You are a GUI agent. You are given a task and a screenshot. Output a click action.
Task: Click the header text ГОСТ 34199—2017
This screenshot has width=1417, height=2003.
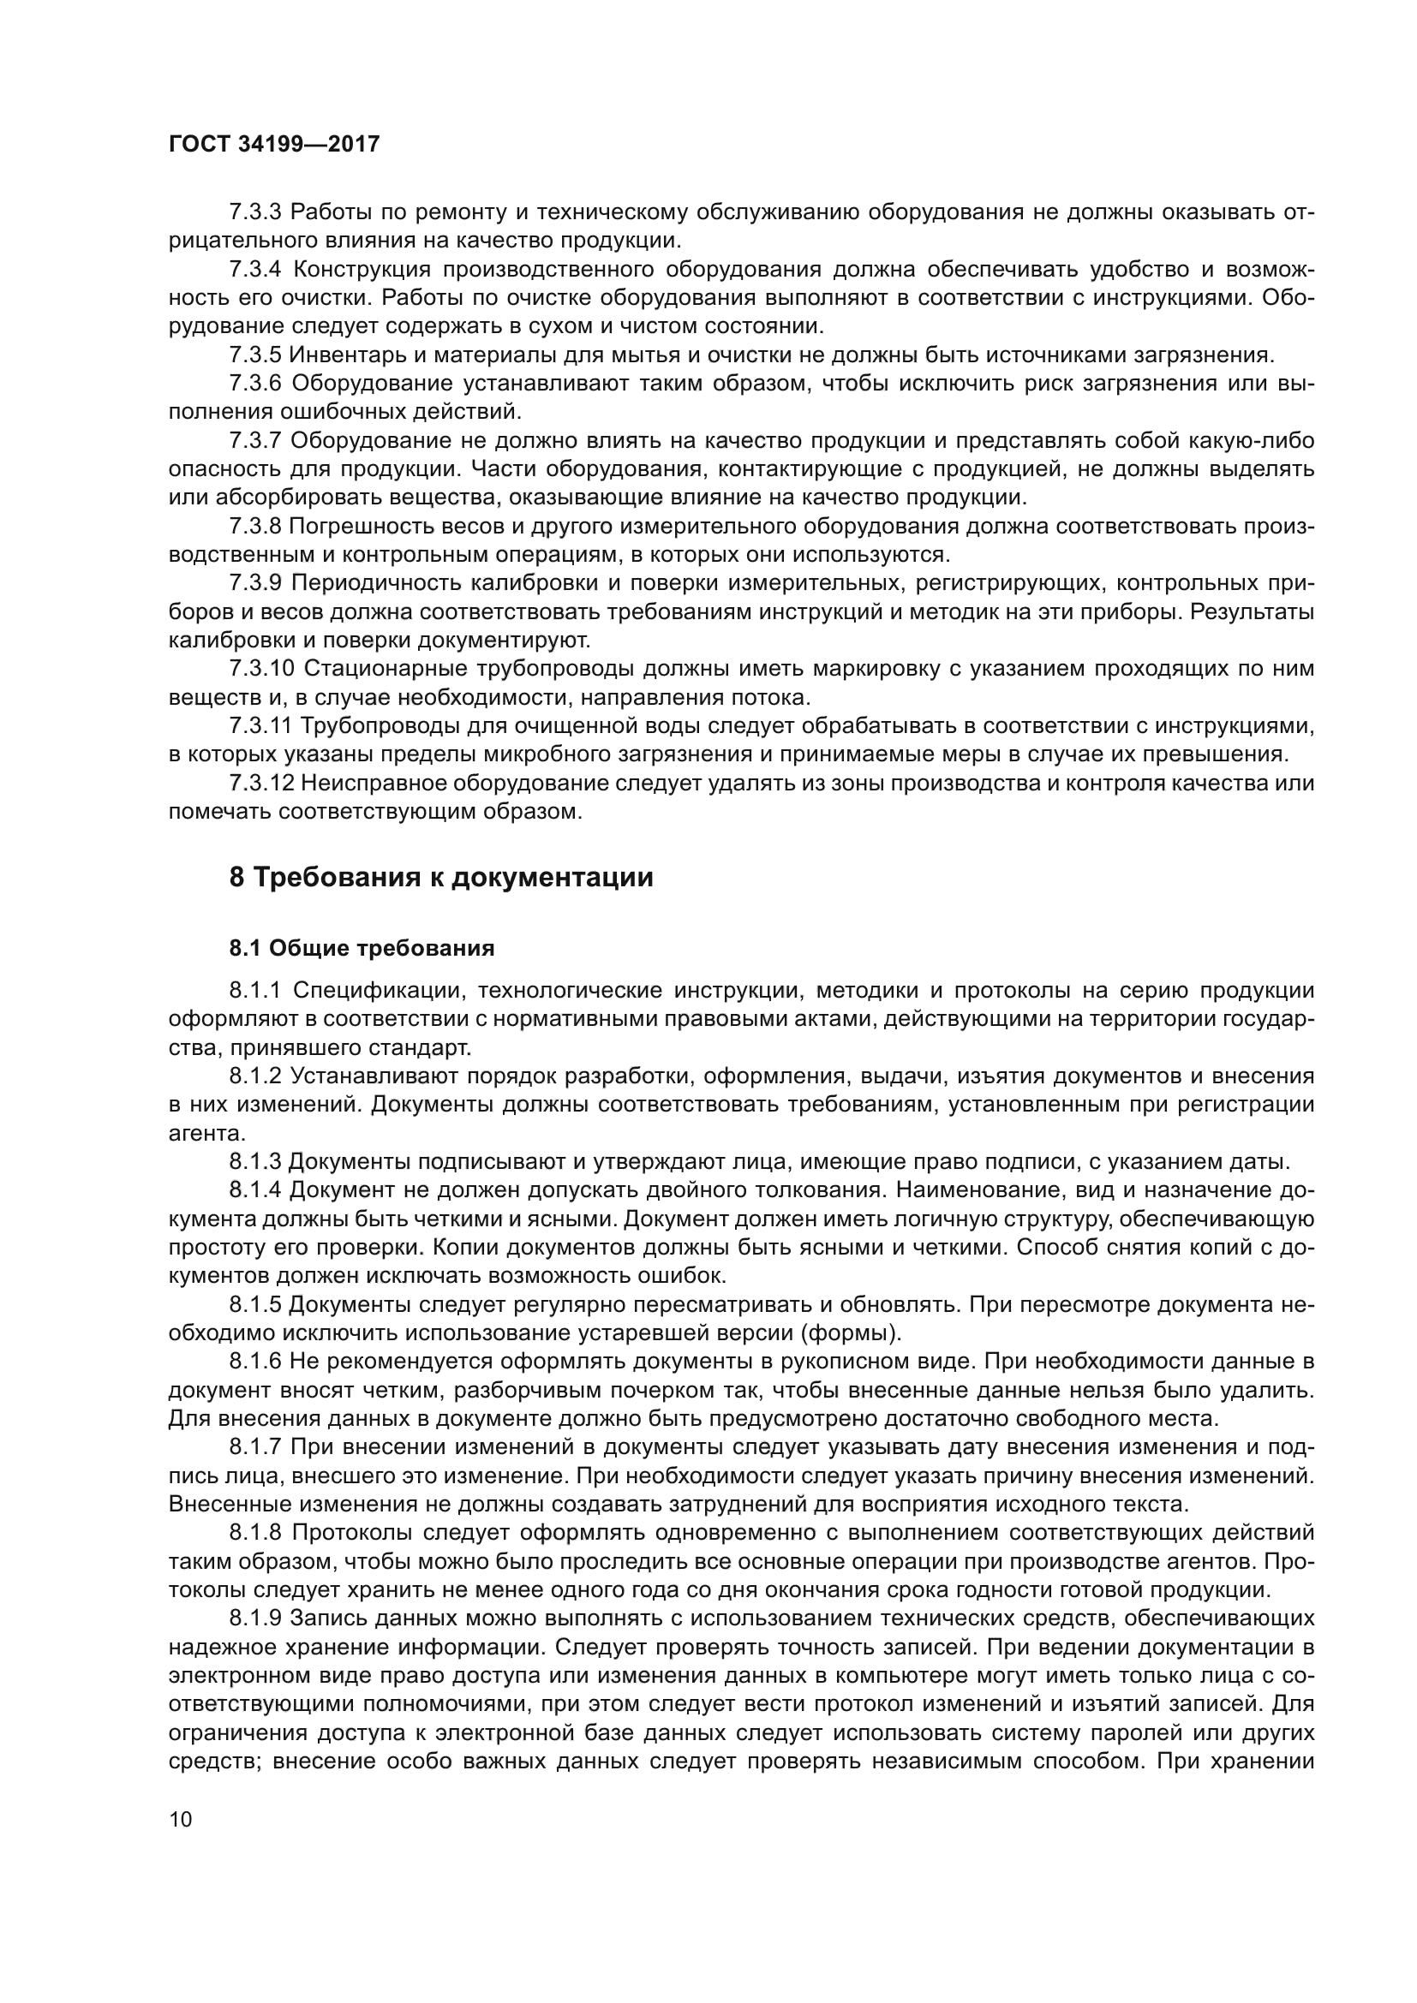coord(274,145)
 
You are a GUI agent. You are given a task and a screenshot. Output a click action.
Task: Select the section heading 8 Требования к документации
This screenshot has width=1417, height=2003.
coord(440,878)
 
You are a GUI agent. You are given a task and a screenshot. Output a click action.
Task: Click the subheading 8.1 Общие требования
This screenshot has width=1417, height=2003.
coord(362,948)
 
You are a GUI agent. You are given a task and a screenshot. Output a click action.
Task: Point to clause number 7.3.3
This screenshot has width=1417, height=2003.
coord(254,212)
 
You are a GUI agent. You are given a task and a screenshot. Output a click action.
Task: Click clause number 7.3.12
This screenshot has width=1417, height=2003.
coord(262,784)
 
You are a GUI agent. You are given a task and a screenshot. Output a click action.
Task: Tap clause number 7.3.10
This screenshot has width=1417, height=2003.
coord(262,669)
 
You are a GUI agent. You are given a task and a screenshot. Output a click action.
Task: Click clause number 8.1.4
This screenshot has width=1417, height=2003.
coord(254,1191)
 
